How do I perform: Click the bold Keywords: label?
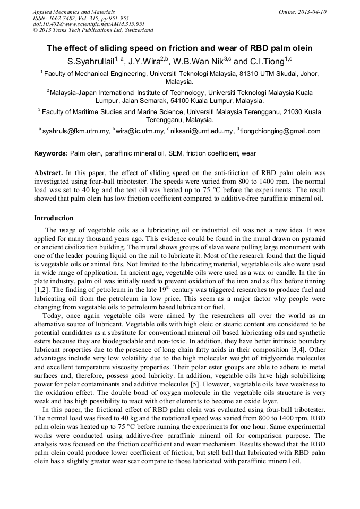point(51,153)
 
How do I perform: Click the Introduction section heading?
point(54,218)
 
